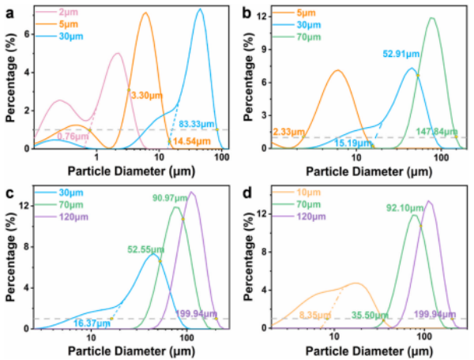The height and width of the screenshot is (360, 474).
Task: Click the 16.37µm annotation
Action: pos(92,322)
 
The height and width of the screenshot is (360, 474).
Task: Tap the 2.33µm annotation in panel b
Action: pos(289,131)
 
